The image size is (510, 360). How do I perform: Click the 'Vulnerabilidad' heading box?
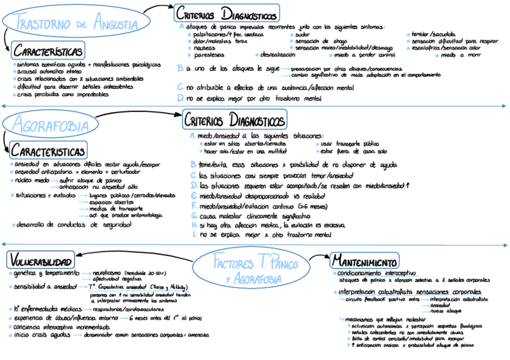click(41, 261)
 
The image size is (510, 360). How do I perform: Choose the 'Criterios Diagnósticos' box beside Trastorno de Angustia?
click(227, 14)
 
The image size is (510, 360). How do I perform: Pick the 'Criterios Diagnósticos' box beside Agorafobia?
click(235, 119)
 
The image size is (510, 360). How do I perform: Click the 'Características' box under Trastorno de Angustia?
click(48, 50)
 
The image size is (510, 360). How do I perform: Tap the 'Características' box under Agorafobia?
click(48, 149)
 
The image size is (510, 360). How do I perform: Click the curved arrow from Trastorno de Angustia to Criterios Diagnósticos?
click(158, 12)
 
